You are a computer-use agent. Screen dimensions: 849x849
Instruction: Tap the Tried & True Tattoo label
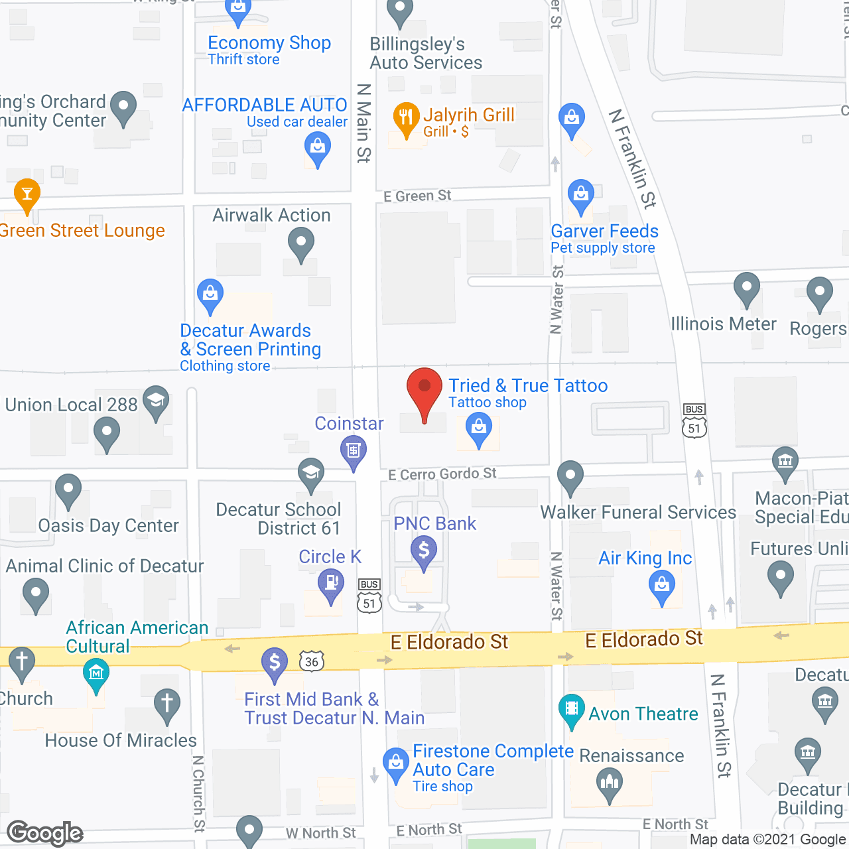pyautogui.click(x=528, y=386)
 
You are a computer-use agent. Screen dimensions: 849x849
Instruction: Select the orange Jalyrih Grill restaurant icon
pyautogui.click(x=406, y=117)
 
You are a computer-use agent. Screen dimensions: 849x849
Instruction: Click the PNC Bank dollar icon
pyautogui.click(x=424, y=551)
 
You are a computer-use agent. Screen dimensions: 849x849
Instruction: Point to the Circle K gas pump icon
pyautogui.click(x=331, y=584)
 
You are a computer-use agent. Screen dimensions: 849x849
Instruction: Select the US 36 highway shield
pyautogui.click(x=312, y=661)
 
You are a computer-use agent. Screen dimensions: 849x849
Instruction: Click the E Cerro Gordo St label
pyautogui.click(x=442, y=474)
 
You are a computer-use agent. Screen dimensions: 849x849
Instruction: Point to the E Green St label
pyautogui.click(x=417, y=196)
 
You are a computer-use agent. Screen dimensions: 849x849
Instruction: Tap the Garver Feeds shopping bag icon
pyautogui.click(x=581, y=194)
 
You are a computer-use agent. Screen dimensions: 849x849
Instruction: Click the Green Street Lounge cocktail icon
pyautogui.click(x=27, y=193)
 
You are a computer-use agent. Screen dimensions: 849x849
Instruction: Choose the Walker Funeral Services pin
pyautogui.click(x=570, y=476)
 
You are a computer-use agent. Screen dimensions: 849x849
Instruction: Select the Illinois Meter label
pyautogui.click(x=723, y=324)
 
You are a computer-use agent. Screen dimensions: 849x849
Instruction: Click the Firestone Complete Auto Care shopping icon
pyautogui.click(x=396, y=763)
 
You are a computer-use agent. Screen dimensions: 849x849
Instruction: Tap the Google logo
pyautogui.click(x=45, y=833)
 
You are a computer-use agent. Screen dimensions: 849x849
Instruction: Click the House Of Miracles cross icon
pyautogui.click(x=166, y=704)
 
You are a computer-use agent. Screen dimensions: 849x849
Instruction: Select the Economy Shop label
pyautogui.click(x=269, y=43)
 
